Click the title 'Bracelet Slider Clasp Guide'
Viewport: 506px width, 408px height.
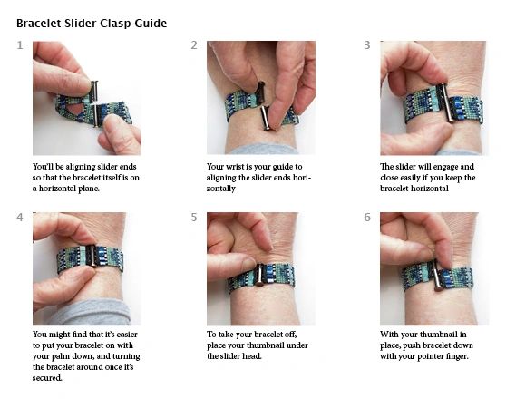click(x=92, y=23)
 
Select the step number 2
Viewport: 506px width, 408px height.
click(x=194, y=45)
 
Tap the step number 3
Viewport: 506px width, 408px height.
click(x=367, y=45)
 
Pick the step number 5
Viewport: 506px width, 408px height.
click(x=194, y=218)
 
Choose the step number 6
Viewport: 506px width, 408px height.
click(x=367, y=218)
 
